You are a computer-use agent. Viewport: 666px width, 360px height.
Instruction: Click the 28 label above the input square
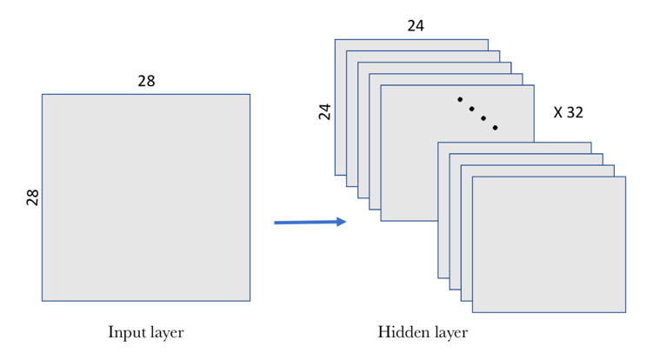pyautogui.click(x=146, y=81)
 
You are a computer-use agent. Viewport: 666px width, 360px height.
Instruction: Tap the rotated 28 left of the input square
pyautogui.click(x=33, y=197)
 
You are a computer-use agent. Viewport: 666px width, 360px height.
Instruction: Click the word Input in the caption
pyautogui.click(x=125, y=332)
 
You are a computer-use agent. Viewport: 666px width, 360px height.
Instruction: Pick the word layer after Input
pyautogui.click(x=165, y=332)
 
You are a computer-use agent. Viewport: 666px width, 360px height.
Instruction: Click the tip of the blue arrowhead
pyautogui.click(x=347, y=222)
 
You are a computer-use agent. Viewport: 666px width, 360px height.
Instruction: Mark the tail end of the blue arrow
pyautogui.click(x=275, y=223)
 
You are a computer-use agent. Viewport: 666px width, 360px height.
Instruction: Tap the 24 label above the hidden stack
pyautogui.click(x=416, y=26)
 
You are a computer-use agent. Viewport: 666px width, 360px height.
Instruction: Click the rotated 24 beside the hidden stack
pyautogui.click(x=325, y=111)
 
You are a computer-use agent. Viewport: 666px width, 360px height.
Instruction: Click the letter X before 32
pyautogui.click(x=558, y=112)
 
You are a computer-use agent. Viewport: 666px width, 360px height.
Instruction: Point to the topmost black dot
pyautogui.click(x=460, y=99)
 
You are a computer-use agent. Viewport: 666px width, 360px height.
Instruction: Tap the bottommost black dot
pyautogui.click(x=495, y=128)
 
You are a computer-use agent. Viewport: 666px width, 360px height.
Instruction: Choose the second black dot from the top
pyautogui.click(x=471, y=109)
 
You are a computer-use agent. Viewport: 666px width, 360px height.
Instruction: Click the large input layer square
pyautogui.click(x=146, y=197)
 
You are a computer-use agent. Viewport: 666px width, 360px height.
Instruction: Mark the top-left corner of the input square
pyautogui.click(x=42, y=94)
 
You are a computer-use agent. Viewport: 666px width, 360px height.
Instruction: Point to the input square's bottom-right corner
pyautogui.click(x=250, y=301)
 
